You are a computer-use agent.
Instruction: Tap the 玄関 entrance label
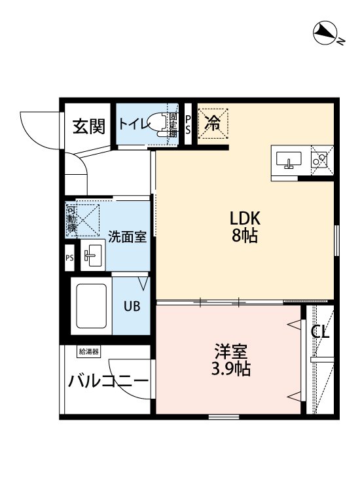[x=88, y=126]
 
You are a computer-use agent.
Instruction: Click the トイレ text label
[x=132, y=122]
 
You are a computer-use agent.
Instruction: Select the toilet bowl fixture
[x=157, y=123]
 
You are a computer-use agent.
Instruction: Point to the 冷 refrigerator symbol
[x=213, y=122]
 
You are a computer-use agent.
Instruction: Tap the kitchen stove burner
[x=320, y=157]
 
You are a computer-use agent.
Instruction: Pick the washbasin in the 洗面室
[x=92, y=255]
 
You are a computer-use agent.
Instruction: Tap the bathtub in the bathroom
[x=91, y=306]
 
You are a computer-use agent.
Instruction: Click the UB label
[x=132, y=305]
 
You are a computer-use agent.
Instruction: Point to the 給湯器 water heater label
[x=88, y=352]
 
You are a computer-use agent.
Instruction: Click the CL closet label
[x=320, y=333]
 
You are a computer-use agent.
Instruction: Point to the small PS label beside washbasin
[x=69, y=257]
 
